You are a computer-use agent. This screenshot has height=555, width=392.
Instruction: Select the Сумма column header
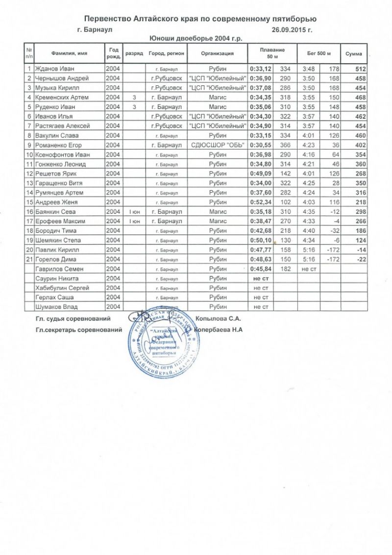pos(354,53)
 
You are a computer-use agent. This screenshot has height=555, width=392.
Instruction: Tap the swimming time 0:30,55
pos(260,145)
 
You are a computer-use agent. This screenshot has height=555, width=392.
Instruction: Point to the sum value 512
pos(360,68)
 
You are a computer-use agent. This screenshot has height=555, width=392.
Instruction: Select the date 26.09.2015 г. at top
pos(291,29)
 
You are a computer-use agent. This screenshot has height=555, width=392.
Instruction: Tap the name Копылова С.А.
pos(219,319)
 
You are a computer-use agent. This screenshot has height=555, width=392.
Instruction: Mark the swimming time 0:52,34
pos(261,202)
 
